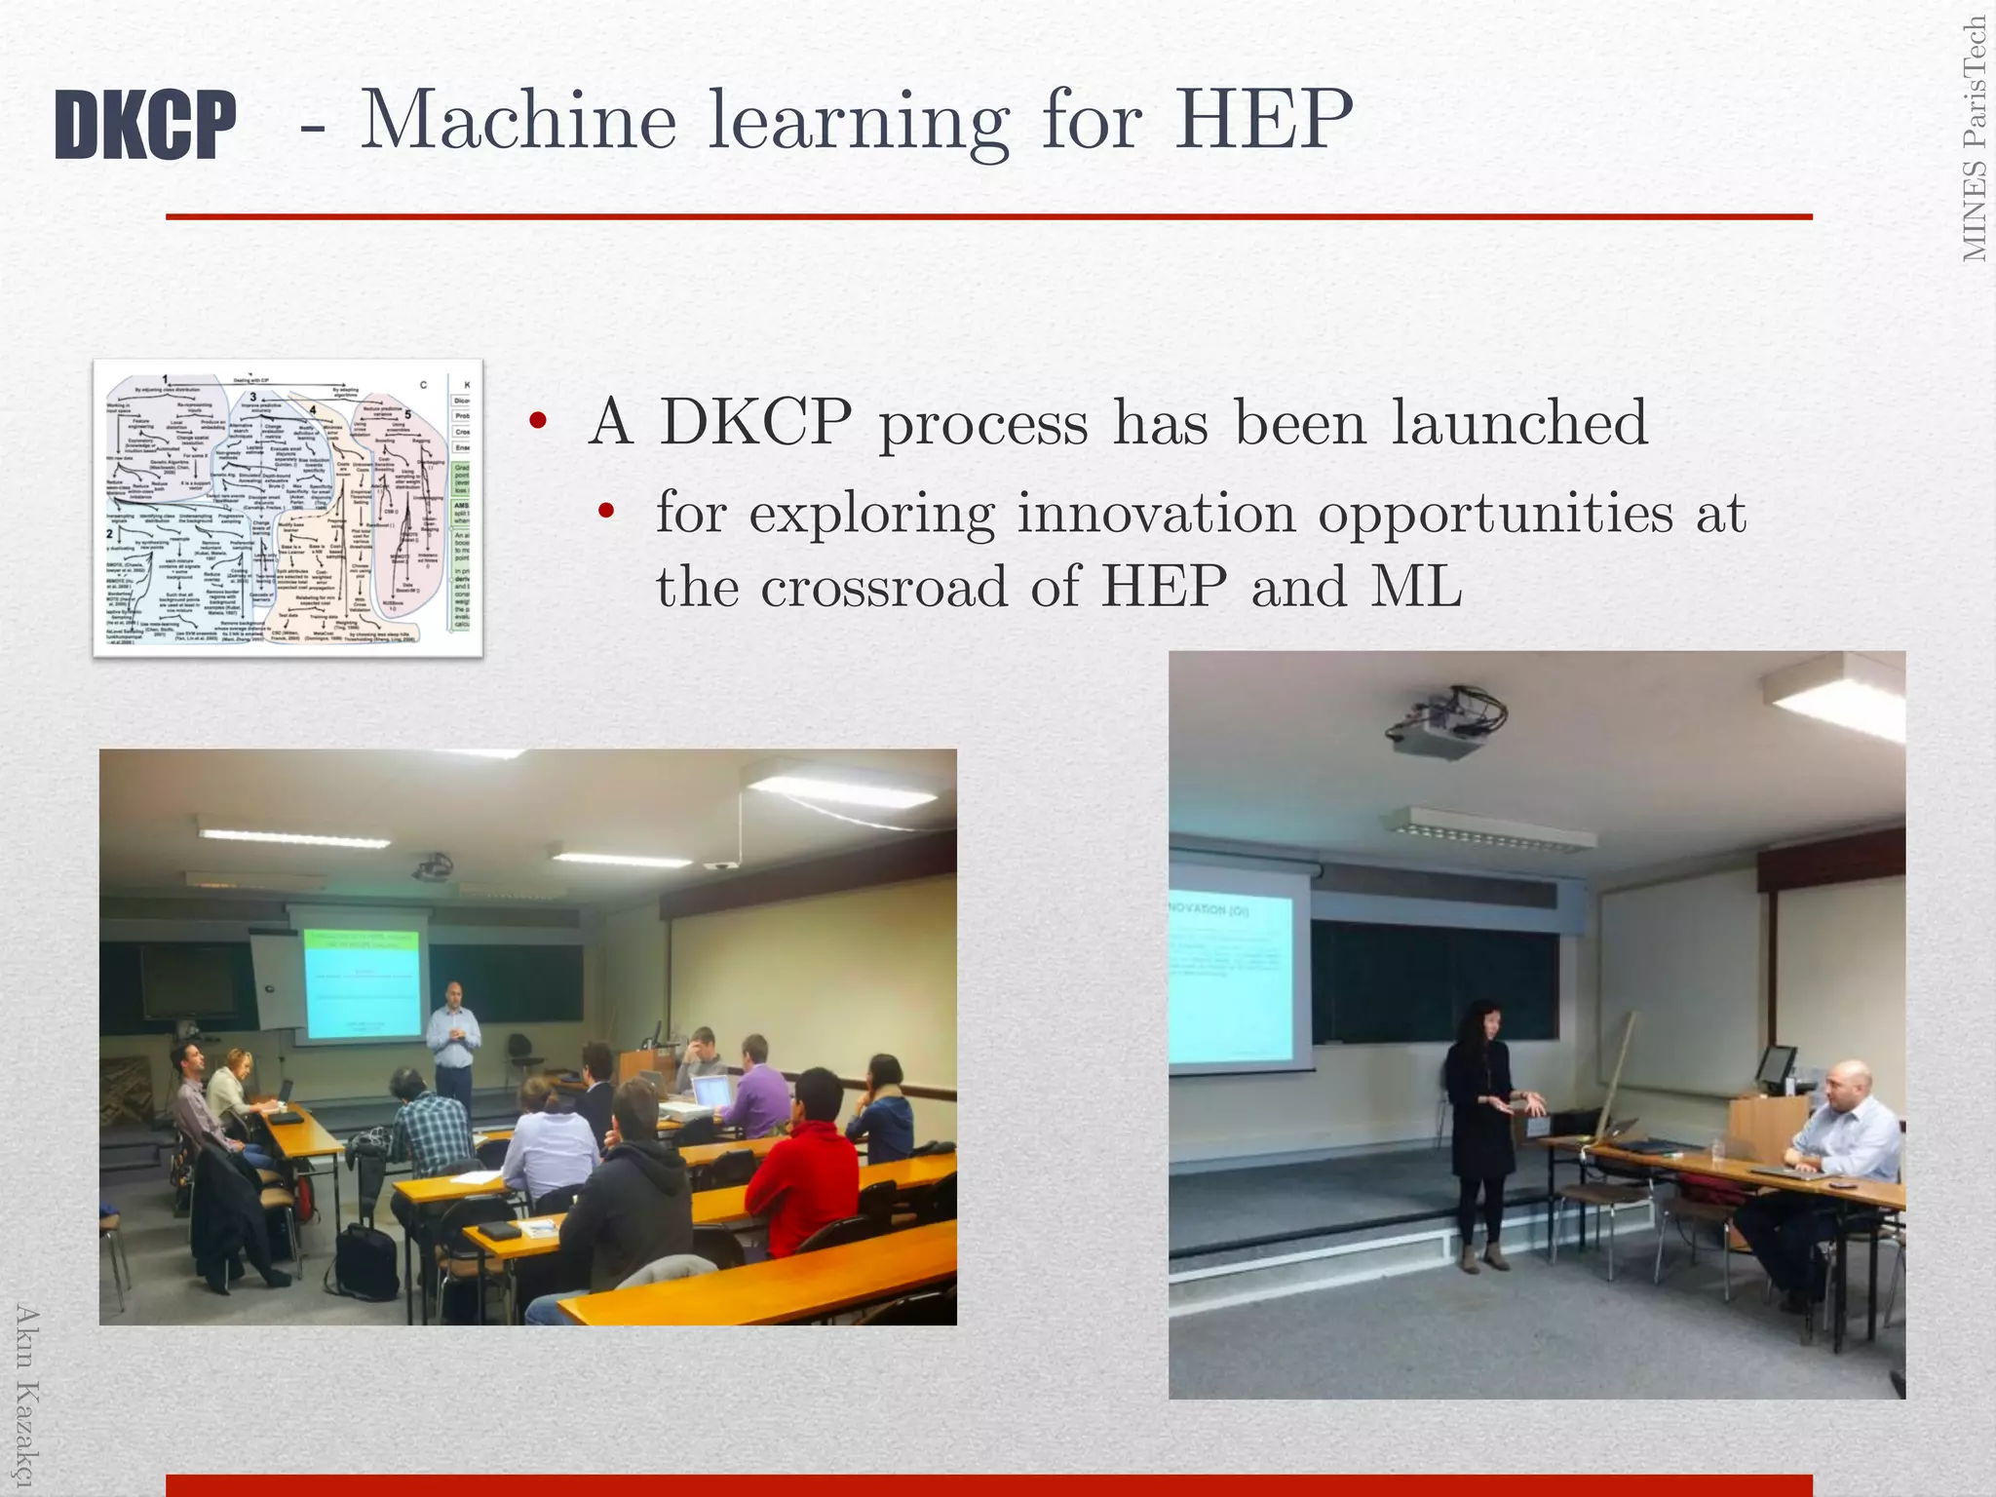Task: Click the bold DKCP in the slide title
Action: click(x=145, y=124)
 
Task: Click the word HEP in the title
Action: click(x=1263, y=121)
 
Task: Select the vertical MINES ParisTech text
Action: click(x=1975, y=139)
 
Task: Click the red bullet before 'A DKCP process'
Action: click(x=537, y=422)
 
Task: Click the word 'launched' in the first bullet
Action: click(x=1519, y=422)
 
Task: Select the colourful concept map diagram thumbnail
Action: click(x=288, y=508)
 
